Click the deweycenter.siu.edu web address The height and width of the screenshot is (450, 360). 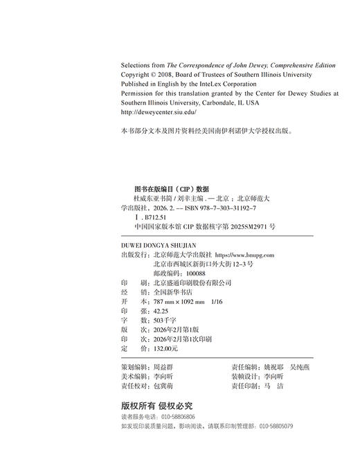[x=159, y=111]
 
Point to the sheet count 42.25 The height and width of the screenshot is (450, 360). [x=151, y=312]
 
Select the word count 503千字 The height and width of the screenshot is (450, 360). [x=154, y=322]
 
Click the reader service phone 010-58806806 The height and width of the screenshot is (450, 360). [x=178, y=417]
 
